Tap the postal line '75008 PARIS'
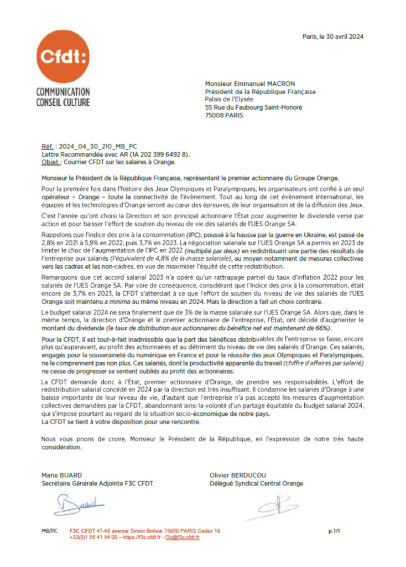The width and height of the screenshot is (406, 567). pyautogui.click(x=224, y=116)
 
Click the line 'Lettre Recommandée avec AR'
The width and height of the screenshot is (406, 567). pyautogui.click(x=86, y=154)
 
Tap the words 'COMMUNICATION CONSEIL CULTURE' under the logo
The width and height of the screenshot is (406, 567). pyautogui.click(x=63, y=96)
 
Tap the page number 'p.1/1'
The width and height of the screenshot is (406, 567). pyautogui.click(x=334, y=531)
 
